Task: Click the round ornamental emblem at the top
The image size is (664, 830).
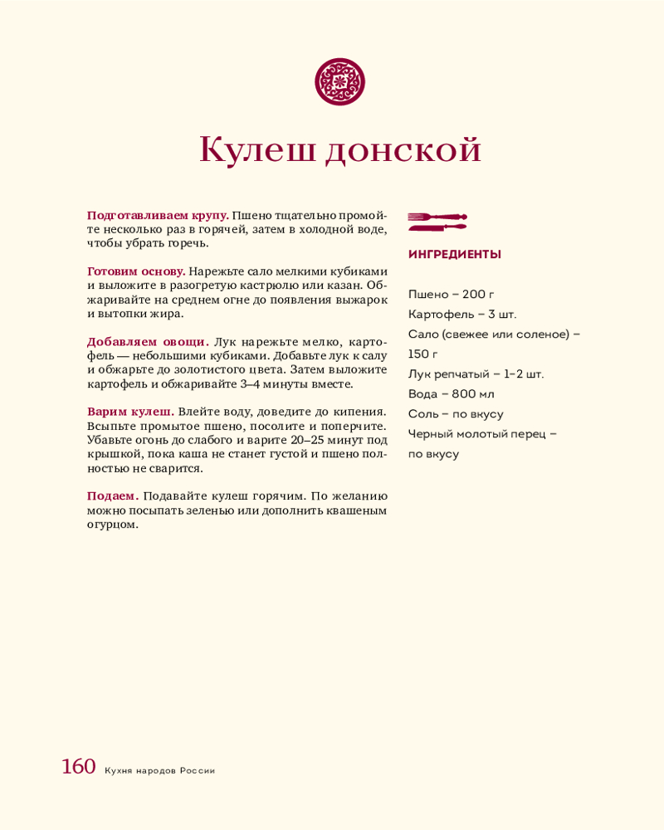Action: [340, 81]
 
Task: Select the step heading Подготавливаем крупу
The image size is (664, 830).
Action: [158, 216]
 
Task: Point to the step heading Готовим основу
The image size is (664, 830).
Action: [136, 271]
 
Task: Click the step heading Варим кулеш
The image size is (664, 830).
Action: [130, 412]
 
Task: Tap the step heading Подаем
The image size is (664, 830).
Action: [113, 496]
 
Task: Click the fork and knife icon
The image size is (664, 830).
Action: [437, 222]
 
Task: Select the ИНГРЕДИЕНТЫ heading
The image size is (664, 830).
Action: [455, 255]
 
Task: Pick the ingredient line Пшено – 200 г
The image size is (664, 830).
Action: [452, 295]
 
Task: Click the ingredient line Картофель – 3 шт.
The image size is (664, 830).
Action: [462, 315]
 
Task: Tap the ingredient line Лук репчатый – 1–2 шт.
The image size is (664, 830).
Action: [476, 374]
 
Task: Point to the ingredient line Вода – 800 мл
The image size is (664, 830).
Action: [452, 394]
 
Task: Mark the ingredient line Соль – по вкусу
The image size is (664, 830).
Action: [456, 414]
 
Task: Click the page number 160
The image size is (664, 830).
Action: [79, 767]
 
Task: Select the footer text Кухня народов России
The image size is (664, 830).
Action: [159, 770]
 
